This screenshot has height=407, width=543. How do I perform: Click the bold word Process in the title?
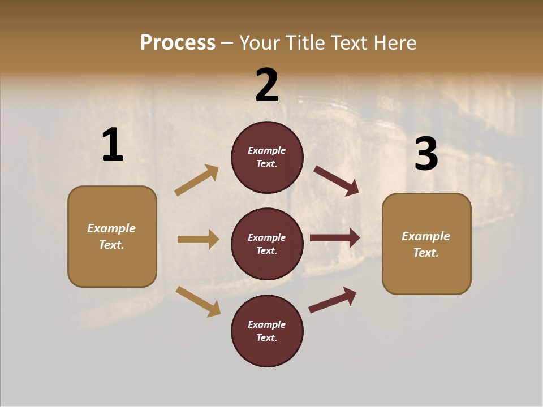178,42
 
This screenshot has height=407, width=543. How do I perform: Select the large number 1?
113,145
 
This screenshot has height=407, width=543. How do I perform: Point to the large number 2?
267,85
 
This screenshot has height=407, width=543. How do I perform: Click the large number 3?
426,154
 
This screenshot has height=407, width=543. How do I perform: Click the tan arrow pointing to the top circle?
197,180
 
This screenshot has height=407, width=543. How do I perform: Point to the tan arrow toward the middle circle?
198,239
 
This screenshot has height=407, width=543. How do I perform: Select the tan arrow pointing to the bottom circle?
198,301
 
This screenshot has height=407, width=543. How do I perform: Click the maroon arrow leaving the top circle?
337,180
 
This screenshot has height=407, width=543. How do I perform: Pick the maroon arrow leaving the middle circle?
335,238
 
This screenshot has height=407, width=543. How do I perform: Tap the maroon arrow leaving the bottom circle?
333,300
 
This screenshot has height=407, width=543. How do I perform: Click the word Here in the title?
395,42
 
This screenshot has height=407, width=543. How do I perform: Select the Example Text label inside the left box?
111,236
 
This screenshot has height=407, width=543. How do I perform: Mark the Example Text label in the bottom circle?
266,331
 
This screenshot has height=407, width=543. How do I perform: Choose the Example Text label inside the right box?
426,244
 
